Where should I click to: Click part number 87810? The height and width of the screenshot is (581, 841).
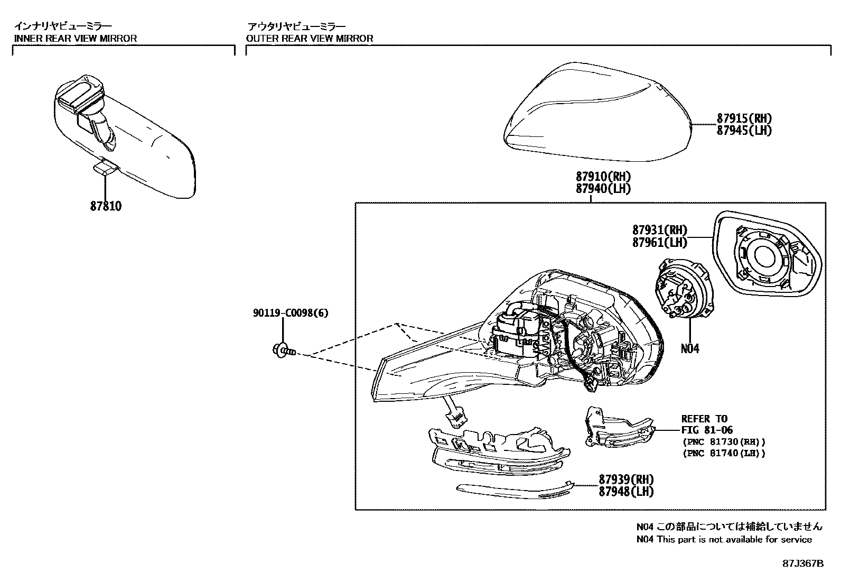pyautogui.click(x=106, y=206)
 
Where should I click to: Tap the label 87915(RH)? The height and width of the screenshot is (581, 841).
pyautogui.click(x=744, y=118)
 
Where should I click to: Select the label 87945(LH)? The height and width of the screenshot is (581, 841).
pyautogui.click(x=744, y=130)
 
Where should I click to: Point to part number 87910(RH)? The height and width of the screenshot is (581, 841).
pyautogui.click(x=603, y=177)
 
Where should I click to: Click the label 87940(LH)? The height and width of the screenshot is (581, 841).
pyautogui.click(x=603, y=188)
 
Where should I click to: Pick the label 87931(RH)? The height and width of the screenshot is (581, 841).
pyautogui.click(x=660, y=230)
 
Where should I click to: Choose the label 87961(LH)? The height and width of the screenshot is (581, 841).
pyautogui.click(x=660, y=243)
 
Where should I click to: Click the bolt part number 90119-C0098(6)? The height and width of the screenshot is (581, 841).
pyautogui.click(x=290, y=313)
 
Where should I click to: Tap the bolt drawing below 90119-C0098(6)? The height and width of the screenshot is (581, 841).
pyautogui.click(x=284, y=349)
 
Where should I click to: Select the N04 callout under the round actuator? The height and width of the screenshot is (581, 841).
pyautogui.click(x=689, y=348)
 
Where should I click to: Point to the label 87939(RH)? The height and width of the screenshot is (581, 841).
pyautogui.click(x=626, y=479)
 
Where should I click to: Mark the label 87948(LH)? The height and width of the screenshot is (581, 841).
pyautogui.click(x=626, y=491)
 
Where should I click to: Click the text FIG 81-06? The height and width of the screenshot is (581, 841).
pyautogui.click(x=707, y=430)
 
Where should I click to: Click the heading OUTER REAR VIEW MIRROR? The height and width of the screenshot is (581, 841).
pyautogui.click(x=310, y=38)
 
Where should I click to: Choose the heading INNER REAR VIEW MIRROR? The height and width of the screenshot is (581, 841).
pyautogui.click(x=75, y=38)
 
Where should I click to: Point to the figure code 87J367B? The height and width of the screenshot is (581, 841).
pyautogui.click(x=803, y=564)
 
